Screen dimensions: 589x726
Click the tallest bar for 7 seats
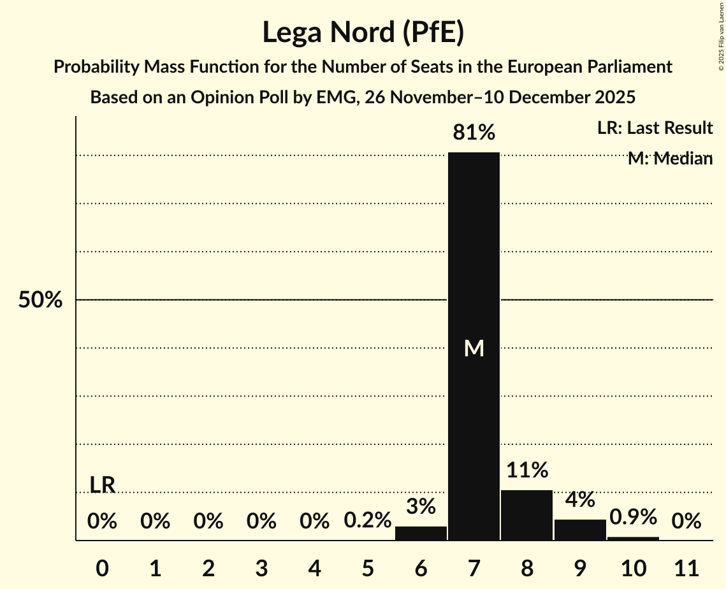point(474,255)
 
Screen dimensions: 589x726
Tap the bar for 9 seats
point(580,530)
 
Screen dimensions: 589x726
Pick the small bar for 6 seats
point(421,534)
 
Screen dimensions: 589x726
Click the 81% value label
point(474,133)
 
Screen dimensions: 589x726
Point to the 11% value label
point(527,470)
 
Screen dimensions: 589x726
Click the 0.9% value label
point(633,517)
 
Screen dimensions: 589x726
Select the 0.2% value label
point(368,521)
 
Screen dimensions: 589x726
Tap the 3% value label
point(421,507)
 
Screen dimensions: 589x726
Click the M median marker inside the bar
point(474,348)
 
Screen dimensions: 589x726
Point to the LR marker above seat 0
point(102,485)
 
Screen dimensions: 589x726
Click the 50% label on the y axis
point(40,300)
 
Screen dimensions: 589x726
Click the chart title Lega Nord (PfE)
point(363,33)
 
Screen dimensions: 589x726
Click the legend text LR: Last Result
point(655,128)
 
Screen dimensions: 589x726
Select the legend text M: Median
point(670,159)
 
